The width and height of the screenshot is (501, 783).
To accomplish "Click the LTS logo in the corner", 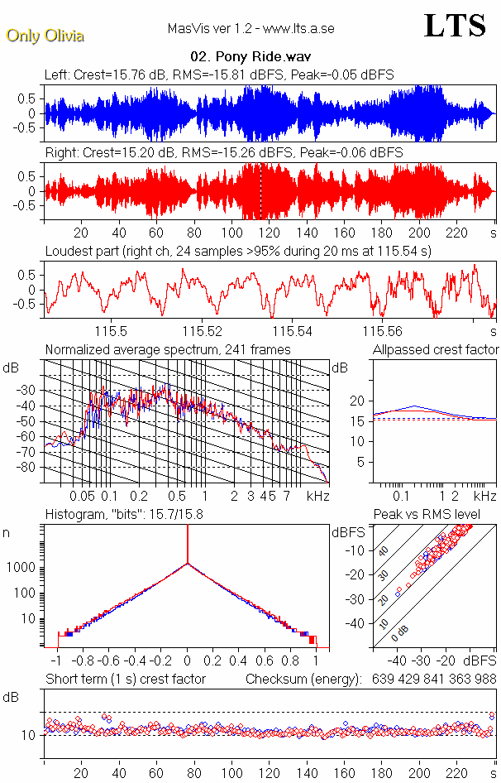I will pos(455,26).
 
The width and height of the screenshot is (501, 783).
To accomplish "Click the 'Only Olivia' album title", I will pos(45,36).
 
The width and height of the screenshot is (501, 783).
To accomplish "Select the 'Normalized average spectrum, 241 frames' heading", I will pos(168,350).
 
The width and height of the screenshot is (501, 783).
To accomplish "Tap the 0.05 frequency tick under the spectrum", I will pos(82,496).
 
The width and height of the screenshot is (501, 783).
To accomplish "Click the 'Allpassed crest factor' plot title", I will pos(436,350).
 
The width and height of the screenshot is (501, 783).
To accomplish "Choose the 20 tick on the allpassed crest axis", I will pos(357,401).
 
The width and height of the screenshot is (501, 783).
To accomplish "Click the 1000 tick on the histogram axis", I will pos(26,568).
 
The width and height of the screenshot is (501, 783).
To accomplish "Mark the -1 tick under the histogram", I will pos(56,662).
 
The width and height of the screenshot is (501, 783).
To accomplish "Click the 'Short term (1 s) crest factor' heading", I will pos(125,679).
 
